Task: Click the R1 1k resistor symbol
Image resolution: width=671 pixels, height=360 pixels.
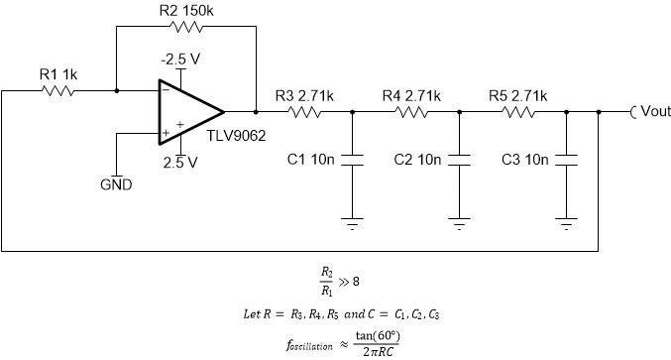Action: tap(57, 90)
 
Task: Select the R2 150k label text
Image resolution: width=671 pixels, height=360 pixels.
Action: tap(186, 10)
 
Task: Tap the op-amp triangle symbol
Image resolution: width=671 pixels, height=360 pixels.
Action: tap(189, 111)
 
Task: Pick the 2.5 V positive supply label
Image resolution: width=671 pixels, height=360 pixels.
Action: tap(179, 162)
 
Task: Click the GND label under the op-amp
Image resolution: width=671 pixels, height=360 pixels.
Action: tap(117, 184)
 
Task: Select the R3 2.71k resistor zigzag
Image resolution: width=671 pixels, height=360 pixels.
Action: tap(305, 112)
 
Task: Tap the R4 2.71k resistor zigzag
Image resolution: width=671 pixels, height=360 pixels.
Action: tap(412, 112)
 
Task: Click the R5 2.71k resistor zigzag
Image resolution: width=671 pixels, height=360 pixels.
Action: tap(518, 112)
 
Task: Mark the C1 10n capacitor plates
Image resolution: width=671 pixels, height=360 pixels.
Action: tap(353, 160)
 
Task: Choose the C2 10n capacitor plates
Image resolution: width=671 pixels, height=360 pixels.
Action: tap(459, 160)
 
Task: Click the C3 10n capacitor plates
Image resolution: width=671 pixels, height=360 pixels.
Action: tap(566, 160)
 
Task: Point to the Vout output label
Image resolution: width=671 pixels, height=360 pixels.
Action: tap(655, 112)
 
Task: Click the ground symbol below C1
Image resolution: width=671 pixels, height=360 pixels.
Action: tap(353, 223)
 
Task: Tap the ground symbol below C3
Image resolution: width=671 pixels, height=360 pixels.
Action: tap(566, 223)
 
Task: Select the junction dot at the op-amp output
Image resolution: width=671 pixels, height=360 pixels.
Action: tap(256, 111)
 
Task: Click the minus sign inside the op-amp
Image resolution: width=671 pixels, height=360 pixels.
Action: tap(165, 88)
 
